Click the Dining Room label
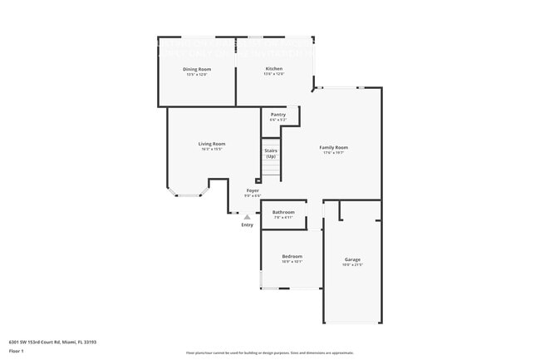click(x=196, y=69)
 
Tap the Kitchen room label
click(x=273, y=68)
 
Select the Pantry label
click(x=278, y=114)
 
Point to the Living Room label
click(x=211, y=144)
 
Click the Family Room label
click(x=333, y=147)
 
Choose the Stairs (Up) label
click(x=271, y=153)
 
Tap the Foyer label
click(x=253, y=190)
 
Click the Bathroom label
click(x=283, y=212)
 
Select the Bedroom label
click(x=292, y=256)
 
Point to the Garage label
click(x=352, y=259)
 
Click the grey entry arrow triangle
click(x=247, y=217)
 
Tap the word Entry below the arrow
click(x=247, y=225)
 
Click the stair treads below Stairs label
click(x=271, y=170)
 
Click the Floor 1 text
click(x=17, y=351)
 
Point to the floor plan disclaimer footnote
click(x=269, y=353)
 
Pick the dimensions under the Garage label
click(x=352, y=265)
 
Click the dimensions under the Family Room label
click(x=333, y=153)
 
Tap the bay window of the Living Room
click(x=188, y=195)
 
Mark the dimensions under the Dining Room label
click(x=196, y=75)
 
